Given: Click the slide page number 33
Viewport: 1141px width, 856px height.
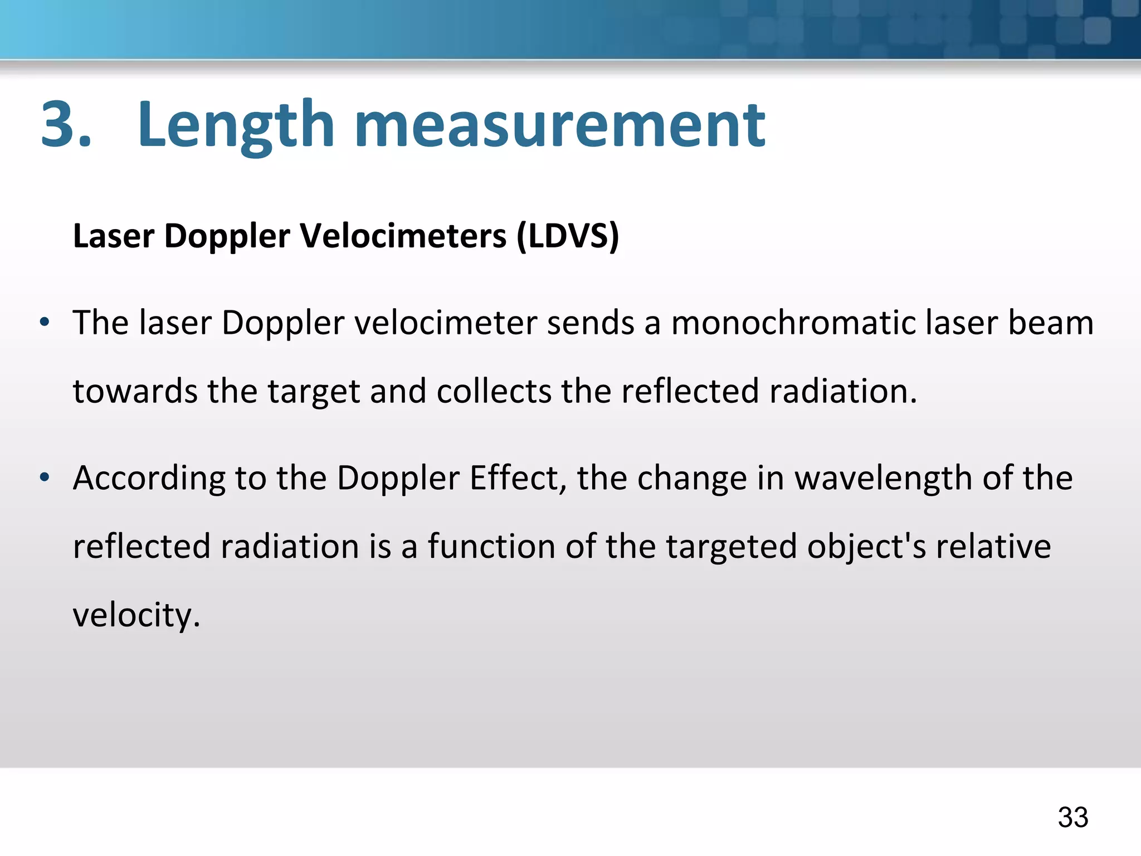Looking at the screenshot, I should pos(1072,818).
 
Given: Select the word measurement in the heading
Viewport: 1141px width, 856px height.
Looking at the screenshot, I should pos(559,126).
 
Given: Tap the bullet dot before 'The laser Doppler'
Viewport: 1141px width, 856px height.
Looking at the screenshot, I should pos(45,323).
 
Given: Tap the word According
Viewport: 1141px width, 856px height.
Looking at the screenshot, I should pos(149,479).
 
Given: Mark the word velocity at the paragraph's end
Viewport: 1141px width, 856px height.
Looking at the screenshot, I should pos(136,615).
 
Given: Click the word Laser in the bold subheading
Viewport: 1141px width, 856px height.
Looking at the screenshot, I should pos(114,235).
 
